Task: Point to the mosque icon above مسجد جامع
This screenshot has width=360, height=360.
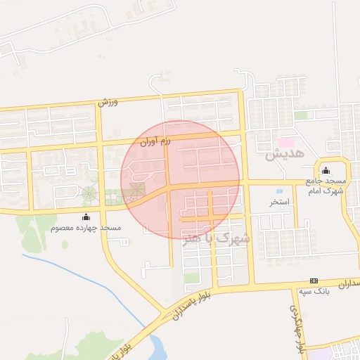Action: coord(325,170)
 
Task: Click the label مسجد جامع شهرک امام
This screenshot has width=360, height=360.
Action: coord(325,185)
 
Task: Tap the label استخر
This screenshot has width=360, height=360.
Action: coord(279,202)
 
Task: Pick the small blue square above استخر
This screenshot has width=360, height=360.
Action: coord(280,191)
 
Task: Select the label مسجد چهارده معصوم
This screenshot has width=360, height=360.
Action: coord(86,229)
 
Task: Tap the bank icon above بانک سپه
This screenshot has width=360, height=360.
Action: coord(314,281)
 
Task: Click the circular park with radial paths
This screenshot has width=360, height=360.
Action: coord(91,193)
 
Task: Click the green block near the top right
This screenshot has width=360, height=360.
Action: coord(302,115)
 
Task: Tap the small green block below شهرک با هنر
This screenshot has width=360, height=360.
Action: coord(191,278)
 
